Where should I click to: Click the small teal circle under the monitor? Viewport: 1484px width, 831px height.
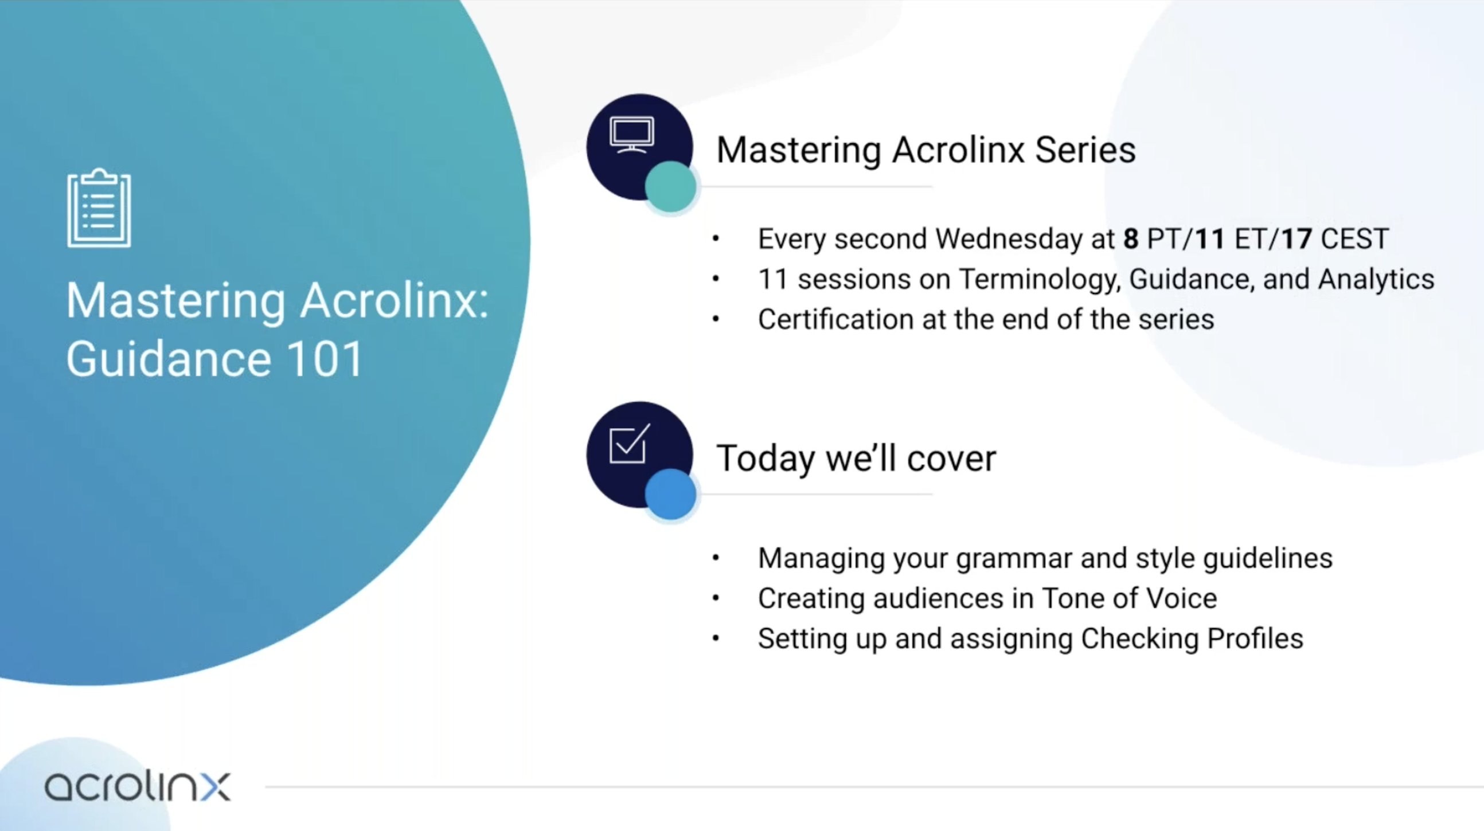click(x=670, y=187)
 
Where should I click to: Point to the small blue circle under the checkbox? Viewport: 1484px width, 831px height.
click(x=670, y=494)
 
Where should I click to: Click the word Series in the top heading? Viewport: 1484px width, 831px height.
click(x=1085, y=150)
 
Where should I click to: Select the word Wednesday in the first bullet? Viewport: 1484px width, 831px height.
click(x=1025, y=238)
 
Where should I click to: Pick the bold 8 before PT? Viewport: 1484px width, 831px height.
click(x=1131, y=238)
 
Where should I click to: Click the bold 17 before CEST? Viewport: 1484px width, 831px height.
click(x=1296, y=238)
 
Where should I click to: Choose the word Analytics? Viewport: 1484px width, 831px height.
click(x=1376, y=280)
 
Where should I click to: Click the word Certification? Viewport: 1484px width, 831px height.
click(x=835, y=319)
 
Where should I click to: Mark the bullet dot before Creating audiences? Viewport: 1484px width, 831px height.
click(x=716, y=598)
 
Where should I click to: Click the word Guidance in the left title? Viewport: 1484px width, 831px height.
click(x=168, y=358)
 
